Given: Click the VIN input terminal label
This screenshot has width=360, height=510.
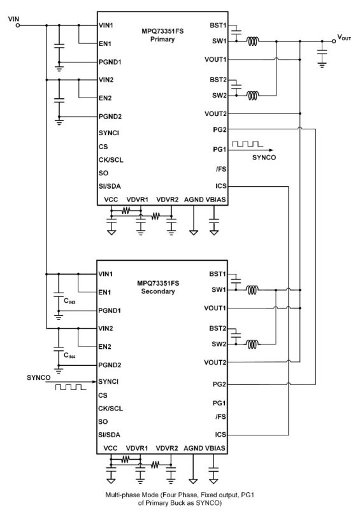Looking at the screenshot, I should pos(13,18).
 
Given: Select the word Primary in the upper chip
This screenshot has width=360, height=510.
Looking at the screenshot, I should pos(162,39).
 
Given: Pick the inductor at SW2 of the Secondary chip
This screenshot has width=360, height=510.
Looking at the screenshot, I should pos(252,345).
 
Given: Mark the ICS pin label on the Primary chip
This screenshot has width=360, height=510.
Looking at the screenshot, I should pos(221,186).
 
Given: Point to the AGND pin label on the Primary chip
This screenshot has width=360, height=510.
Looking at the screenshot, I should pos(194,200).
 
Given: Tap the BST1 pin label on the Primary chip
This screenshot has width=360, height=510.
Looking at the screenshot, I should pos(218,25).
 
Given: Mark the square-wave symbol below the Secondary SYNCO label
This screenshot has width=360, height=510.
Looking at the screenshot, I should pos(69,388).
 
